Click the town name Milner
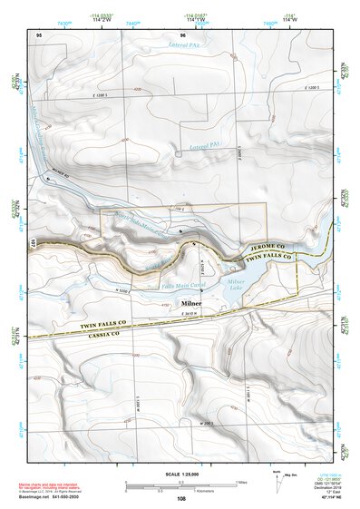point(191,303)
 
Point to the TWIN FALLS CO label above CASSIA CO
point(81,324)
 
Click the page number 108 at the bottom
point(180,499)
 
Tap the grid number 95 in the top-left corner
point(39,34)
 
